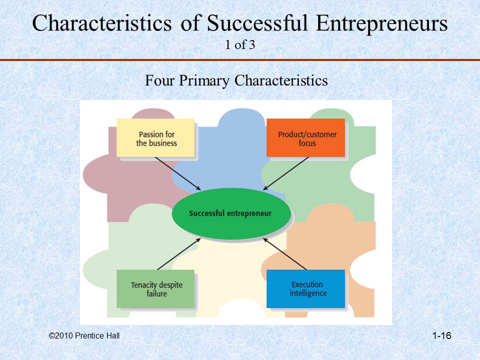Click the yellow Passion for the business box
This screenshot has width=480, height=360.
coord(155,138)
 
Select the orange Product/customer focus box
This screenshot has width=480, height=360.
coord(306,138)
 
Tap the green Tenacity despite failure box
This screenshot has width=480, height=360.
coord(155,289)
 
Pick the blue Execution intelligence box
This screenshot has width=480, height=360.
coord(306,288)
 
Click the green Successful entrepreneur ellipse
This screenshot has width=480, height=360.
coord(230,213)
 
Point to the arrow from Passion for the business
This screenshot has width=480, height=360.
coord(177,173)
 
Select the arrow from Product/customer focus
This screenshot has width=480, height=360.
coord(286,173)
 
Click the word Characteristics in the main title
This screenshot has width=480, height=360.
coord(102,23)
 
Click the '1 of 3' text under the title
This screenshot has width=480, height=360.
coord(240,45)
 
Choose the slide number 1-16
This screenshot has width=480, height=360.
coord(441,336)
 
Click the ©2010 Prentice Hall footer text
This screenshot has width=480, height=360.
coord(84,336)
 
